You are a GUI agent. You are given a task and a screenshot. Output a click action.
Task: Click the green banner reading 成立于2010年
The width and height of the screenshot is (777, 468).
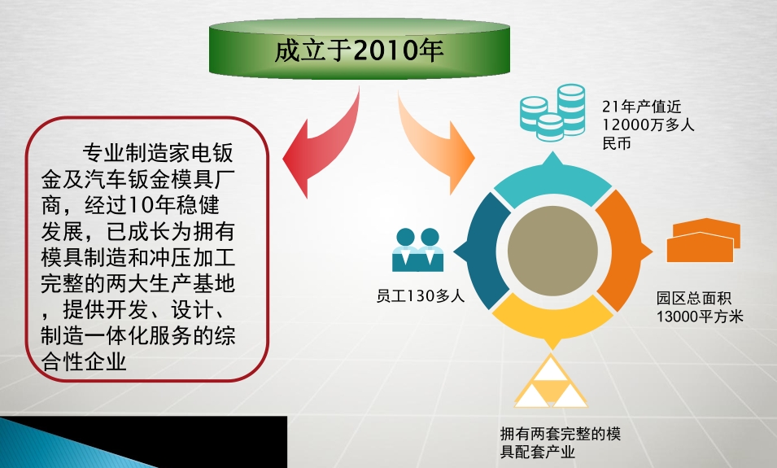(x=360, y=49)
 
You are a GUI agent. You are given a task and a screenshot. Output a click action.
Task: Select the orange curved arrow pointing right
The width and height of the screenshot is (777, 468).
(x=431, y=144)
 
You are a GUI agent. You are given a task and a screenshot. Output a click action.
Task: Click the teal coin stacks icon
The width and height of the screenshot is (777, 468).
(x=552, y=112)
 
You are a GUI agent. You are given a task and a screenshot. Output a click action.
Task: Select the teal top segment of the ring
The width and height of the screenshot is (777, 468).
(x=552, y=182)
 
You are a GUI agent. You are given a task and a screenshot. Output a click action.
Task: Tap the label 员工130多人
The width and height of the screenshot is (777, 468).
(x=420, y=296)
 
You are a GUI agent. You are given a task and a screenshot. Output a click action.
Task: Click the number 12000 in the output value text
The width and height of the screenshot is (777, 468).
(x=626, y=125)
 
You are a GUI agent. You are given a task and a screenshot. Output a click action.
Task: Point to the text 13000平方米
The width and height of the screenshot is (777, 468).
(x=700, y=317)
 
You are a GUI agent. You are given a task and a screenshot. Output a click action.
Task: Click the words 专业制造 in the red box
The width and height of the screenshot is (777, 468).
(x=124, y=153)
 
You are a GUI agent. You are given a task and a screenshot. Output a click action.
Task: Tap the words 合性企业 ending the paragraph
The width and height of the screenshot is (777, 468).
(x=84, y=361)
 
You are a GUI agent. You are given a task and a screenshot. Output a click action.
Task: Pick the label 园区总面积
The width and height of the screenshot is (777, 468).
(x=694, y=298)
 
